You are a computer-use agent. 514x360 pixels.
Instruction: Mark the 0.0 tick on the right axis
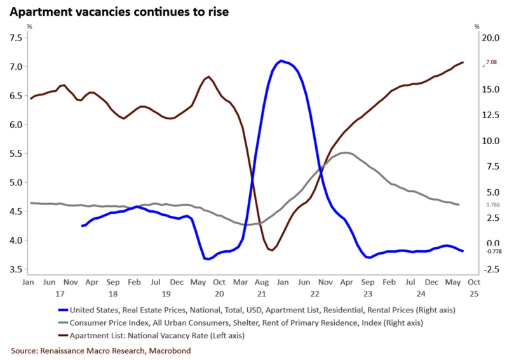pyautogui.click(x=491, y=244)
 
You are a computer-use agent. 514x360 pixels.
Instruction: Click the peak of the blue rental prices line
pyautogui.click(x=280, y=61)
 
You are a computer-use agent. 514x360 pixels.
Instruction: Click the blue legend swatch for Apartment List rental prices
pyautogui.click(x=62, y=310)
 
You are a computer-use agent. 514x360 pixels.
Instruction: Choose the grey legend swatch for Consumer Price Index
pyautogui.click(x=62, y=323)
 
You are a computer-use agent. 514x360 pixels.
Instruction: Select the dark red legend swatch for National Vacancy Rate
pyautogui.click(x=62, y=335)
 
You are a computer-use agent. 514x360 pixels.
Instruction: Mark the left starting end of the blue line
pyautogui.click(x=82, y=226)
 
